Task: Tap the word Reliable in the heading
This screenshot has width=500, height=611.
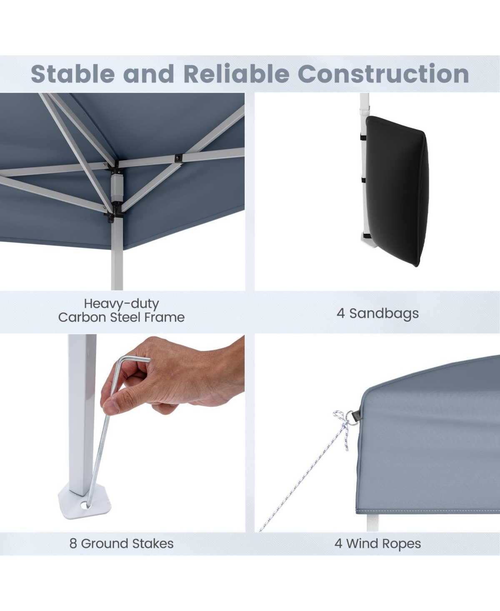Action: [x=236, y=74]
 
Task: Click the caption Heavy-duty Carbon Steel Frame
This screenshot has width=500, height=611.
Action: [x=121, y=311]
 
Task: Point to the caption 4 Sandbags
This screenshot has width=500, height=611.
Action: [x=377, y=313]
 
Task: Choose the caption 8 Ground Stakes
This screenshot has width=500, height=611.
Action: [x=121, y=543]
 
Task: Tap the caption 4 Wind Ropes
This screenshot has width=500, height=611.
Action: [x=377, y=543]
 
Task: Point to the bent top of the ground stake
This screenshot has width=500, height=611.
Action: [x=133, y=359]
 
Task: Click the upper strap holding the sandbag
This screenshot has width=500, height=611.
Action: [x=362, y=137]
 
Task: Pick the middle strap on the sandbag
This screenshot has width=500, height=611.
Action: [x=363, y=180]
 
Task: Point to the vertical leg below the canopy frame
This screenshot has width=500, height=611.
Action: [x=117, y=258]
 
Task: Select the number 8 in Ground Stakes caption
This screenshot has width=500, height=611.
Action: [x=73, y=543]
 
